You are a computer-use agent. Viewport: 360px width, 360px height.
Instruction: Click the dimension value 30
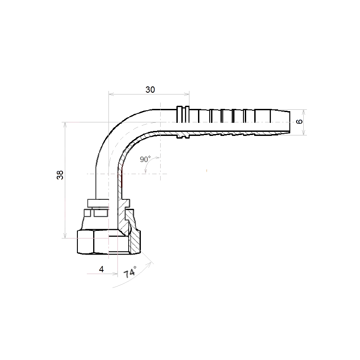coord(150,90)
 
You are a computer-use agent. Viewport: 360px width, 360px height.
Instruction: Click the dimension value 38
coord(60,175)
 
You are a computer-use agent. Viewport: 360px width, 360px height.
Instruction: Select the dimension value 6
coord(299,121)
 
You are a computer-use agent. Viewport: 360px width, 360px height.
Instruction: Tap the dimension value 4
coord(101,269)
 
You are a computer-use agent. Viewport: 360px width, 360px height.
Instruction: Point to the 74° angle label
coord(130,272)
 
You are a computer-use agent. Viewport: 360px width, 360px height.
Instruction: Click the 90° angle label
coord(145,159)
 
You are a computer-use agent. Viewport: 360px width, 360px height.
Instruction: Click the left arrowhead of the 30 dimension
coord(111,94)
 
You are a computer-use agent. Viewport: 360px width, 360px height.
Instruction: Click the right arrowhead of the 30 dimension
coord(187,94)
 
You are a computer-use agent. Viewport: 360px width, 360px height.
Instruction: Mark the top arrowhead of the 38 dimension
coord(65,125)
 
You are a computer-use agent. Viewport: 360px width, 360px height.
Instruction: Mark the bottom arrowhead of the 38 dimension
coord(65,235)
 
